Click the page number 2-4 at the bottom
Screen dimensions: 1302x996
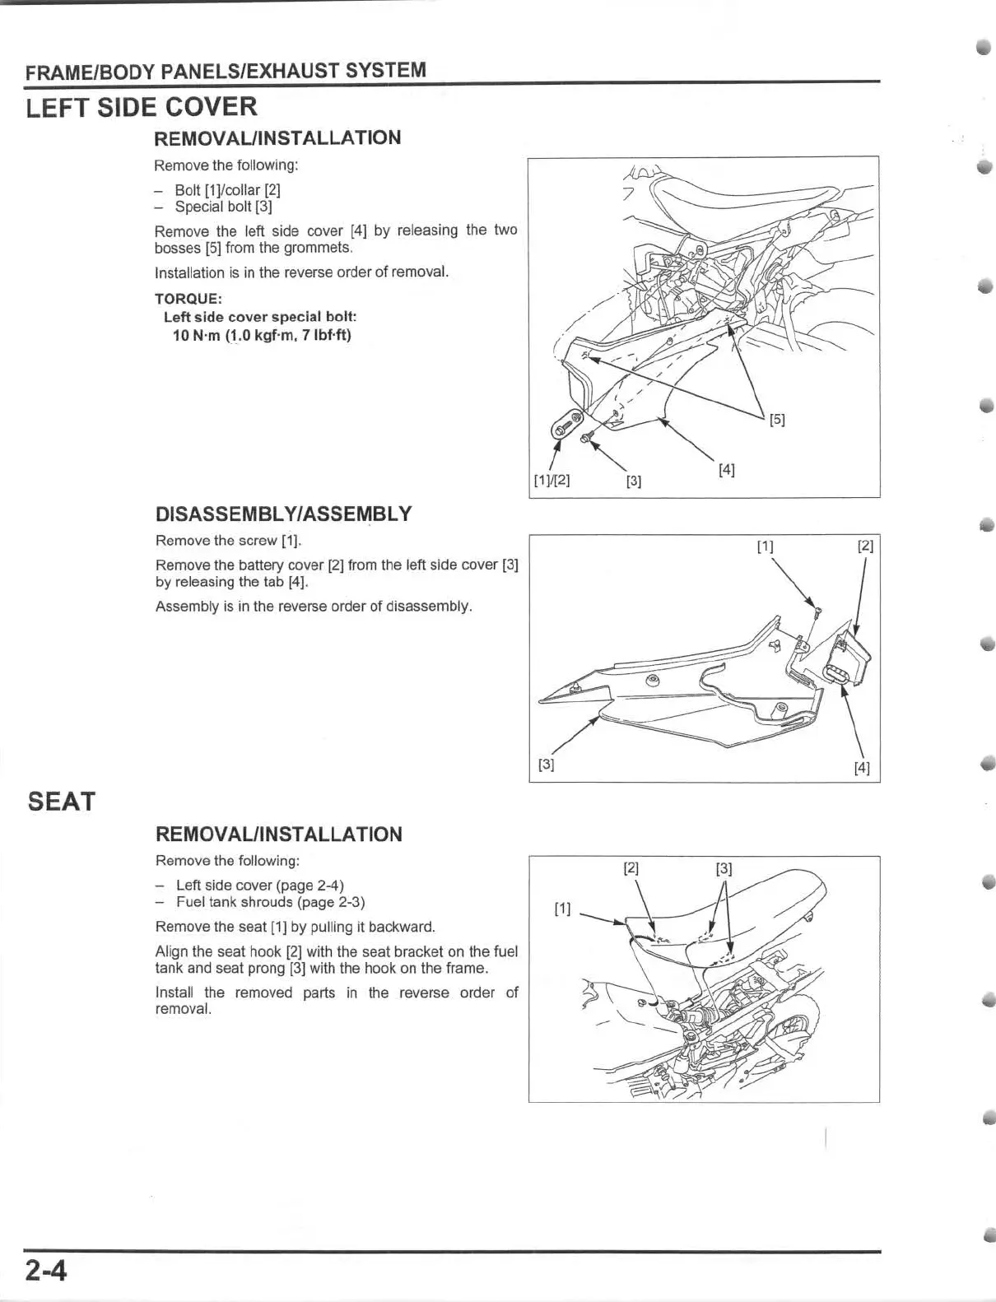[x=45, y=1272]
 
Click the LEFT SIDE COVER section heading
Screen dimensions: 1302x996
[x=142, y=107]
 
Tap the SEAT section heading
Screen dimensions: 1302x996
[x=62, y=801]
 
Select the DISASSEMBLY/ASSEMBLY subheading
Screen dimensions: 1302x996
[x=283, y=514]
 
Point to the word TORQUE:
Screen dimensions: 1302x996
[x=188, y=299]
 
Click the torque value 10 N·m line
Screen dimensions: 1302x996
[x=262, y=335]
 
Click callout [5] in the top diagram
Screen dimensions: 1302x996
[x=776, y=420]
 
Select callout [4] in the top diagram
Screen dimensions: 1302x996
[x=726, y=470]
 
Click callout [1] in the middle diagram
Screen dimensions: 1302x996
[x=765, y=546]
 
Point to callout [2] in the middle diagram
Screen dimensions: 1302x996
[x=865, y=546]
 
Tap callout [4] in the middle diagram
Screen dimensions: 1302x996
[x=862, y=768]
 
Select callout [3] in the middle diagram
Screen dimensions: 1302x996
[x=546, y=765]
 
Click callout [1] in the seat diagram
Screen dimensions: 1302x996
[x=563, y=909]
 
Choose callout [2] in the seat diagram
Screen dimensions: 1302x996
[x=631, y=867]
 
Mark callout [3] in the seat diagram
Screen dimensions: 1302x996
[x=724, y=867]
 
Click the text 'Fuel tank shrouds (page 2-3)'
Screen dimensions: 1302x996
[x=271, y=902]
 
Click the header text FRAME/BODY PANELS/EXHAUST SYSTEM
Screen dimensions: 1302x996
[x=226, y=71]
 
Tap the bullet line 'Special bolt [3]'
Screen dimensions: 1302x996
[x=223, y=207]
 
